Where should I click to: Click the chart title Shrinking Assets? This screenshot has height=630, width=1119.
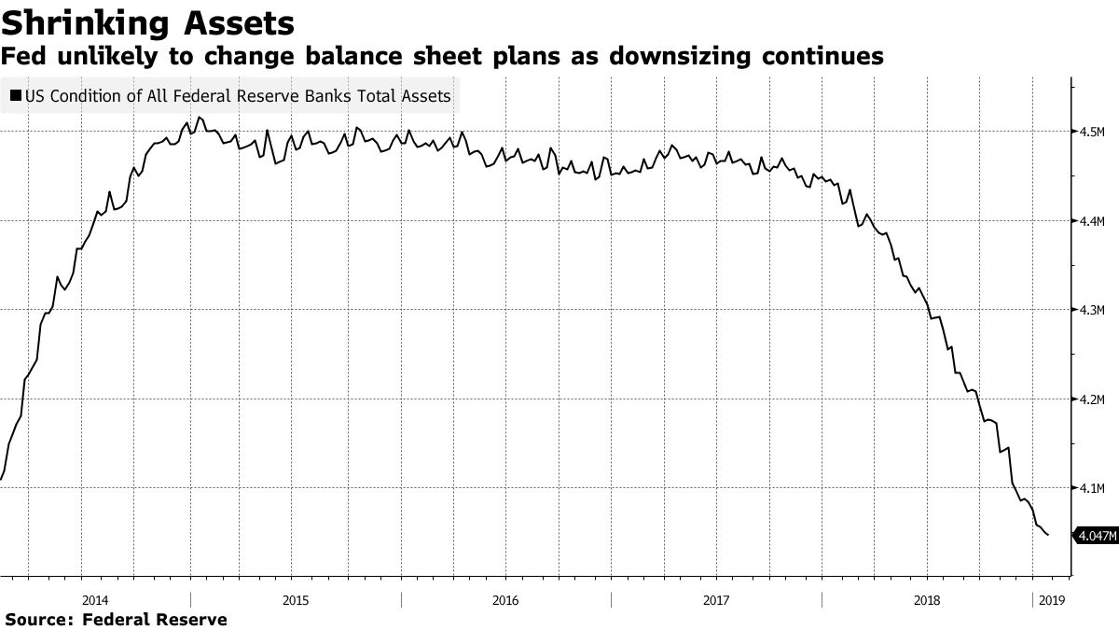click(x=149, y=21)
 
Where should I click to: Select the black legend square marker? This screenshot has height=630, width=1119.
click(x=16, y=95)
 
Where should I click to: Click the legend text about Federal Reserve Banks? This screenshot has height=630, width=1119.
click(x=238, y=95)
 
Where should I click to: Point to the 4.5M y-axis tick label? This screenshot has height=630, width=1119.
click(x=1092, y=132)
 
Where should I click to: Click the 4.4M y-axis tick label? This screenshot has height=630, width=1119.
click(x=1092, y=221)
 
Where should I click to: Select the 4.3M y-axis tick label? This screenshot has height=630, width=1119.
click(x=1092, y=310)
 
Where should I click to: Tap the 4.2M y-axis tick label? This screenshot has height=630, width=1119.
click(x=1092, y=399)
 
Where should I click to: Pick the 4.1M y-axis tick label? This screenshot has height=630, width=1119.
click(x=1092, y=488)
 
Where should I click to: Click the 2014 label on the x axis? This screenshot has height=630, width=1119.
click(x=95, y=600)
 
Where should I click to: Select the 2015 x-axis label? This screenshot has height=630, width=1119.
click(x=296, y=600)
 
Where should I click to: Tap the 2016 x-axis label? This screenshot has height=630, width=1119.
click(x=505, y=600)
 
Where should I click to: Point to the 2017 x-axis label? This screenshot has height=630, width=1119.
click(x=716, y=600)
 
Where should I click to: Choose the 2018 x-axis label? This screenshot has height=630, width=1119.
click(x=927, y=600)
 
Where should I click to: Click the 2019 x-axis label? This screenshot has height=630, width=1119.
click(x=1050, y=600)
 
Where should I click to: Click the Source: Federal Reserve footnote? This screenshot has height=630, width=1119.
click(x=116, y=619)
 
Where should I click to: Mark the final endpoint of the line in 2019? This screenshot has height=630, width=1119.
click(x=1048, y=535)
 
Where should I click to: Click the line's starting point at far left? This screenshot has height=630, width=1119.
click(x=2, y=480)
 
